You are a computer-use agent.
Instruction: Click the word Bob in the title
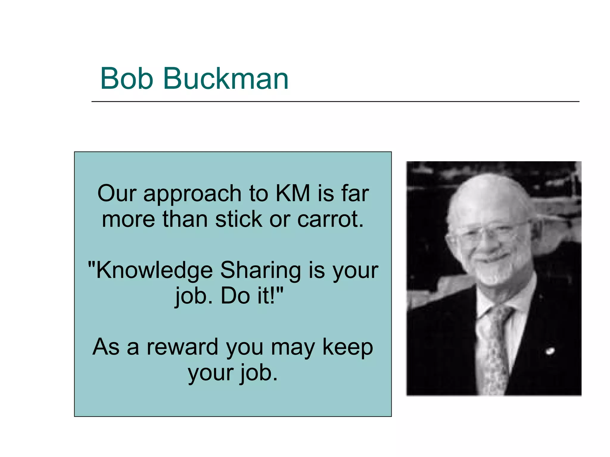[x=127, y=78]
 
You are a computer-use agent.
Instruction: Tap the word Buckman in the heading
[x=226, y=78]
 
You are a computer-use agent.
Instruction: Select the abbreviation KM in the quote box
[x=293, y=193]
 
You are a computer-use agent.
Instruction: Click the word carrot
[x=331, y=219]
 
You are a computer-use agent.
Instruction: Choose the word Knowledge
[x=154, y=270]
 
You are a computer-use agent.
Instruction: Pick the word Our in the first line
[x=117, y=193]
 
